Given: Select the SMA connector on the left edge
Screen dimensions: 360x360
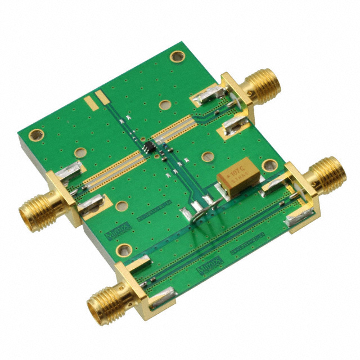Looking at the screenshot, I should tap(39, 208).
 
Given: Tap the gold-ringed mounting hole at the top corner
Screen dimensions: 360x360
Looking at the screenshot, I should tap(178, 56).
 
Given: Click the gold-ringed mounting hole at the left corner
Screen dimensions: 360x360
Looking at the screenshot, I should tap(36, 135).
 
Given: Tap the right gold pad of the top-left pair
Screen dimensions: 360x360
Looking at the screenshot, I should tap(100, 98).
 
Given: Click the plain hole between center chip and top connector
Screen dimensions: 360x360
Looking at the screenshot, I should tap(164, 105).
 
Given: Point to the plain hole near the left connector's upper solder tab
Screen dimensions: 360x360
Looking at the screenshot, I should tap(80, 152).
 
